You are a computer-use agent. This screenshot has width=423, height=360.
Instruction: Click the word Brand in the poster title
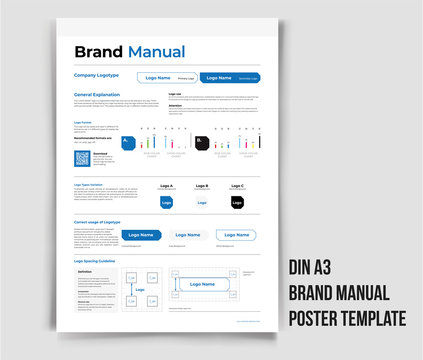coord(96,52)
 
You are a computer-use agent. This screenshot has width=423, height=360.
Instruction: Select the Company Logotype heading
coord(97,75)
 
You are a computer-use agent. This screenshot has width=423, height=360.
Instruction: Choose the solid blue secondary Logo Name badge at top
coord(230,77)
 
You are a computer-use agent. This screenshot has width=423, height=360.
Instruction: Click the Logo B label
coord(202,186)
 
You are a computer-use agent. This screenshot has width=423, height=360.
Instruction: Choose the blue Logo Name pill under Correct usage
coord(141,235)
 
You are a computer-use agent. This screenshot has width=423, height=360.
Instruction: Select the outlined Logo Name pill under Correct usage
coord(236,235)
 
